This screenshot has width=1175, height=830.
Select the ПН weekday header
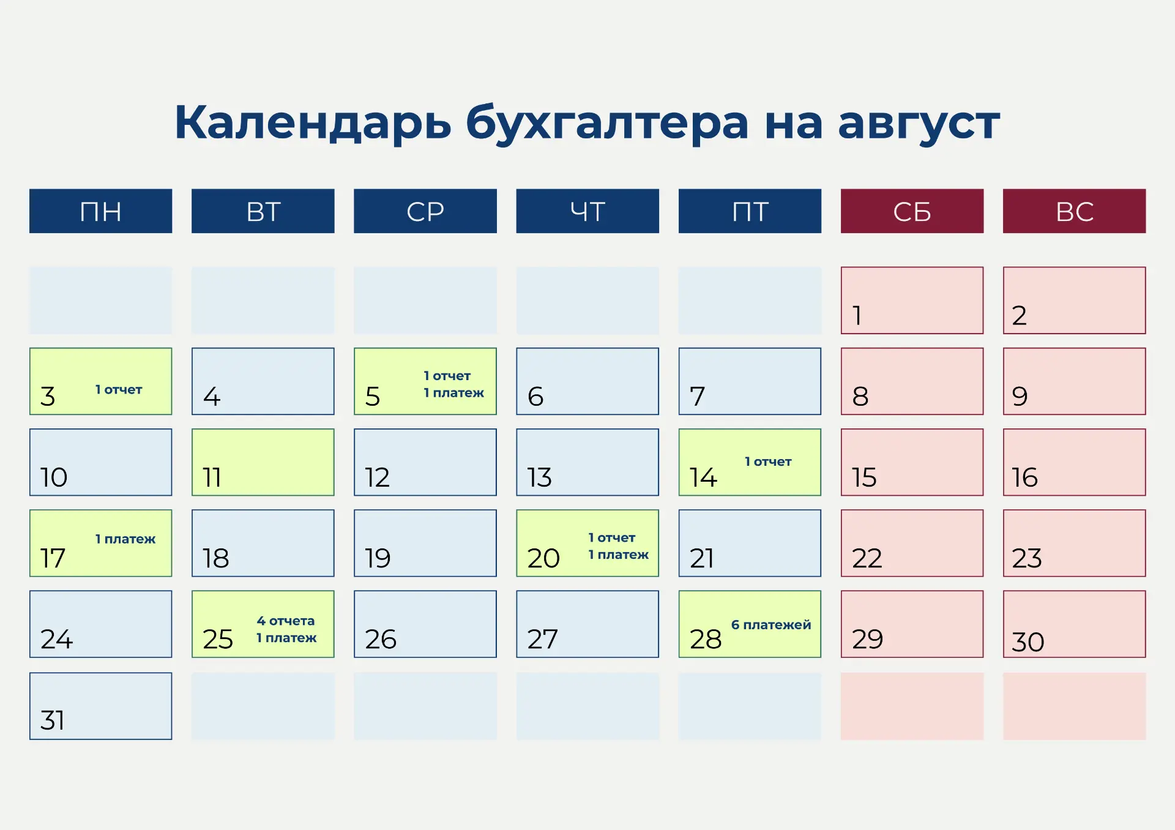(x=101, y=211)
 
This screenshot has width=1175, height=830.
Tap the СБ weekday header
(x=912, y=211)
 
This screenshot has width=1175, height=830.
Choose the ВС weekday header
(x=1074, y=211)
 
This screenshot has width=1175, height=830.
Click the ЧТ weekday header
(x=587, y=211)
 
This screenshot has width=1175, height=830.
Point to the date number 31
(x=53, y=720)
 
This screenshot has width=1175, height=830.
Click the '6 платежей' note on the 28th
(x=771, y=624)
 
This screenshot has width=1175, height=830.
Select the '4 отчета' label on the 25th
(x=286, y=621)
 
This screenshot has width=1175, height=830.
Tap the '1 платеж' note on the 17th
(x=125, y=539)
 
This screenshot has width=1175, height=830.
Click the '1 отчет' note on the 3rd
(x=119, y=389)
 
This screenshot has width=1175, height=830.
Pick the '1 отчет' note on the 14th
(x=768, y=462)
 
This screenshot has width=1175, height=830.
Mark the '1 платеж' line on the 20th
(x=618, y=555)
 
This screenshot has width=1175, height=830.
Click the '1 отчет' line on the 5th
(x=447, y=376)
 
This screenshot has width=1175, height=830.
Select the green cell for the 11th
(x=263, y=462)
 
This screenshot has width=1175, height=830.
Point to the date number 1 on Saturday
(x=857, y=316)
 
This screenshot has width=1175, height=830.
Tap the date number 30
(x=1028, y=642)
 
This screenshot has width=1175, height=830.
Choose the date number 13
(x=540, y=477)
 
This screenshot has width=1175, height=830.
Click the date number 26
(x=381, y=639)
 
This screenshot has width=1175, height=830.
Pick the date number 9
(x=1020, y=397)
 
